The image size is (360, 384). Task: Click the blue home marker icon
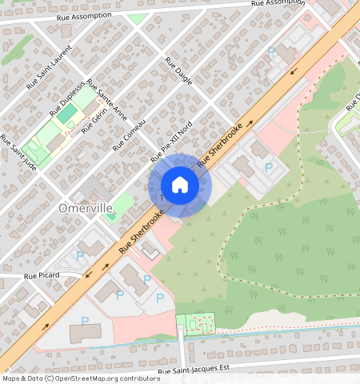tap(180, 185)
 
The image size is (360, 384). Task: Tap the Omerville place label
tap(86, 207)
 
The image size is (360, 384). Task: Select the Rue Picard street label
tap(42, 275)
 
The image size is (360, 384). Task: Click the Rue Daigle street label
tap(178, 70)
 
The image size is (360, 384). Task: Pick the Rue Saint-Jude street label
tap(18, 152)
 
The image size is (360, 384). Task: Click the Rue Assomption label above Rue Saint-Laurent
tap(87, 16)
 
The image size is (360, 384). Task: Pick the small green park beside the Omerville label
tap(122, 203)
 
